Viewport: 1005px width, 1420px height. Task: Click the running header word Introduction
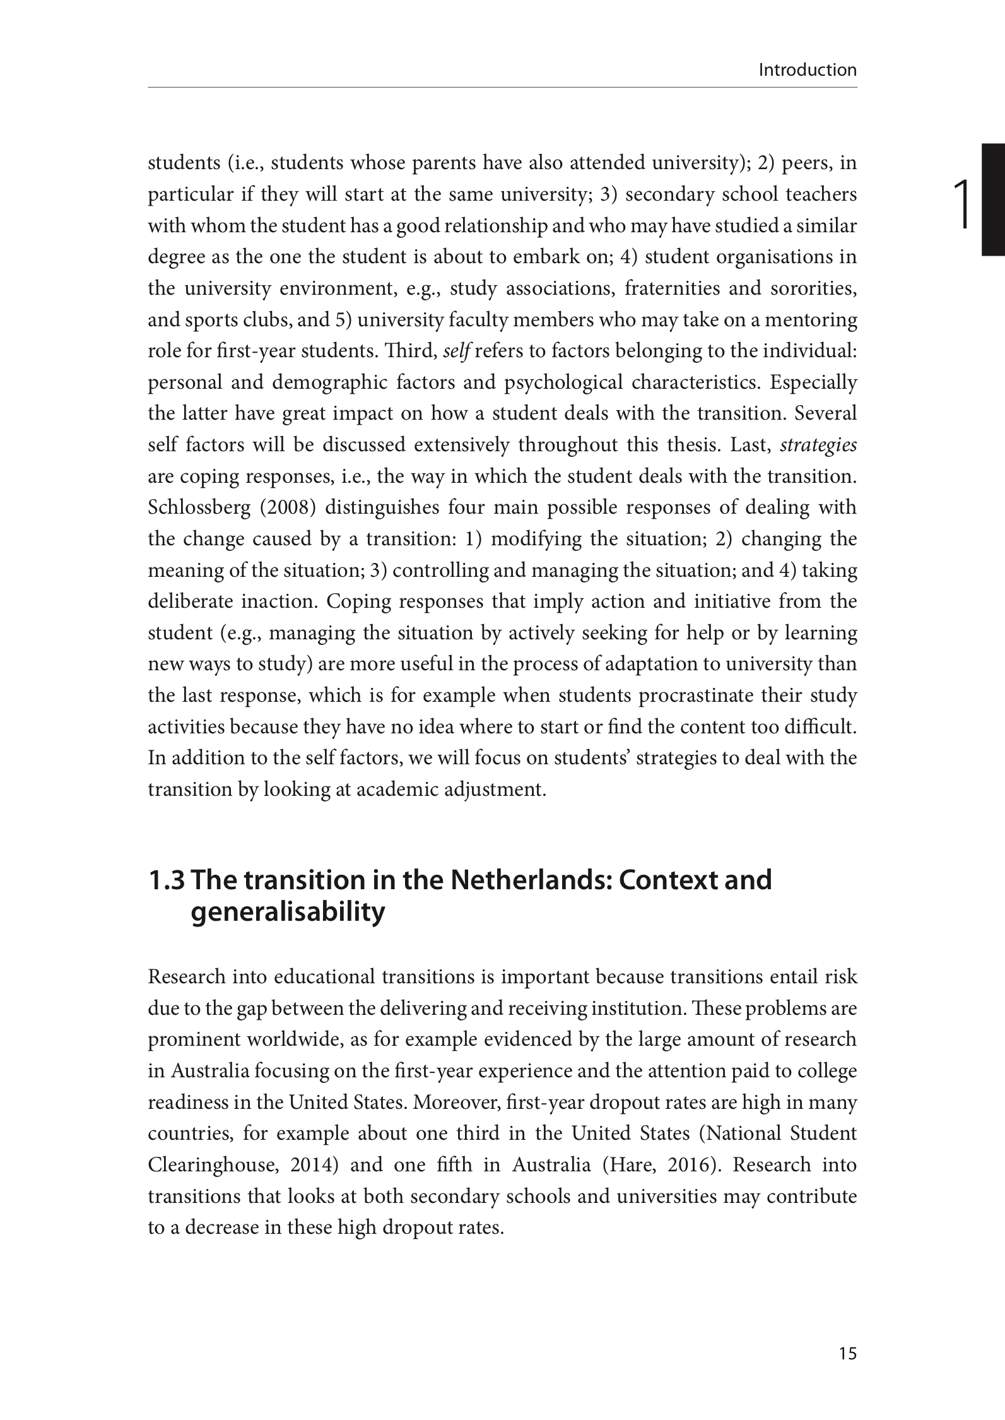pyautogui.click(x=808, y=70)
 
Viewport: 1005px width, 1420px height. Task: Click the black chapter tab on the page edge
pyautogui.click(x=993, y=199)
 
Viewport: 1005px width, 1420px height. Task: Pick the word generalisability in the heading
pyautogui.click(x=287, y=913)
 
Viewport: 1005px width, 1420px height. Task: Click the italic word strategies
pyautogui.click(x=818, y=445)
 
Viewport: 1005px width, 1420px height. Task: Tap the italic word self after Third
pyautogui.click(x=456, y=351)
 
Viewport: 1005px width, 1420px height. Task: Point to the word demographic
pyautogui.click(x=329, y=382)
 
